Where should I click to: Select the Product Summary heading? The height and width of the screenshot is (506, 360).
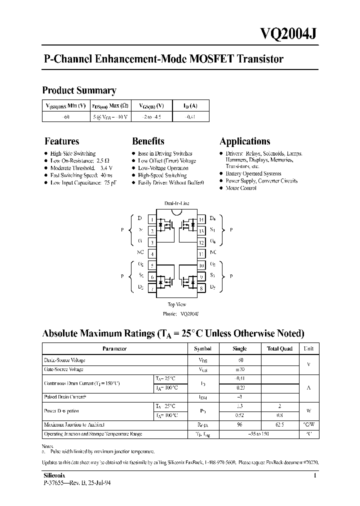click(x=79, y=90)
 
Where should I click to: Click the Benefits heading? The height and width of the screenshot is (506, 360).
click(x=148, y=141)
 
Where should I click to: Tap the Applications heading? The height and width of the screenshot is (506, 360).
click(x=245, y=141)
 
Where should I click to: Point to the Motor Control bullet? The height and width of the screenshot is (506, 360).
click(x=241, y=188)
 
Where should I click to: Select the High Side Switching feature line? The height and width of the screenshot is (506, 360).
click(x=73, y=153)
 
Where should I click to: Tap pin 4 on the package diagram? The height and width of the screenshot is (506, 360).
click(x=152, y=254)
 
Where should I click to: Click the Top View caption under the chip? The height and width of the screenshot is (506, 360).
click(x=177, y=304)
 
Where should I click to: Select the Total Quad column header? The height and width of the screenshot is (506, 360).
click(x=279, y=349)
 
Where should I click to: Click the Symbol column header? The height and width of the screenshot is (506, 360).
click(x=202, y=349)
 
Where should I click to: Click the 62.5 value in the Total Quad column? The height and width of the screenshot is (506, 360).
click(x=279, y=425)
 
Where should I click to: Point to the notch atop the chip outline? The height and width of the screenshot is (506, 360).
click(x=176, y=212)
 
